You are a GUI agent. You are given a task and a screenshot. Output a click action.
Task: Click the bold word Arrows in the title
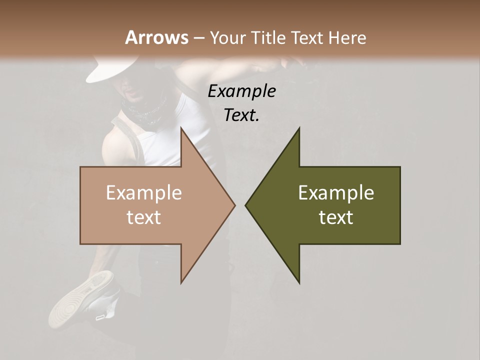point(156,37)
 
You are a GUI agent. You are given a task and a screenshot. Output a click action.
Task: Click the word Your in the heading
point(228,37)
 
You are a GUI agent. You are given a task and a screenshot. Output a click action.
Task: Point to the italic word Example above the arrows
point(241,91)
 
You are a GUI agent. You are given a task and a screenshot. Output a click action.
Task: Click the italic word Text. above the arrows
point(241,115)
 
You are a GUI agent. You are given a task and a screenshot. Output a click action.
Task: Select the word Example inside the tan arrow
point(144,193)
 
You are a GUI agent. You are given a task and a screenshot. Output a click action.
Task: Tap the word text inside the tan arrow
point(144,217)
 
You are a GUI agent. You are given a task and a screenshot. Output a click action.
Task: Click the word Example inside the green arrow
point(336,193)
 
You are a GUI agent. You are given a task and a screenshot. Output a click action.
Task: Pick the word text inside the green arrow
point(336,217)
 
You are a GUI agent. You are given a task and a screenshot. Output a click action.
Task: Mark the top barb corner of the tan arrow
point(181,128)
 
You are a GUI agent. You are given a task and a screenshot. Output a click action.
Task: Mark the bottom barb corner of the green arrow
point(299,282)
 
